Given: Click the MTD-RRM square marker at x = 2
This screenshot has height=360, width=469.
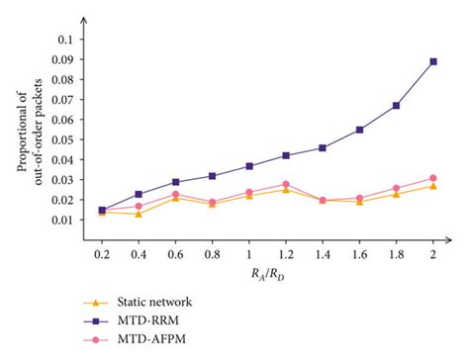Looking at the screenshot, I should pyautogui.click(x=432, y=61).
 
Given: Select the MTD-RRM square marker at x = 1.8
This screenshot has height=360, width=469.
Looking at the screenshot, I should pyautogui.click(x=396, y=105).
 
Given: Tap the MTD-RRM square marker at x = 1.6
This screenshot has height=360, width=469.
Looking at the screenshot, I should pyautogui.click(x=359, y=130).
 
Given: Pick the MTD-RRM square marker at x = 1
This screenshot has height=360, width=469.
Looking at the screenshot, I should pyautogui.click(x=249, y=166).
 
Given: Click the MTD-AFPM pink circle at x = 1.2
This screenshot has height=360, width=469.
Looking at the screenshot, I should pyautogui.click(x=286, y=184).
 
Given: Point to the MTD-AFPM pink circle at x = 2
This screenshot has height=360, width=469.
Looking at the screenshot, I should pyautogui.click(x=432, y=178).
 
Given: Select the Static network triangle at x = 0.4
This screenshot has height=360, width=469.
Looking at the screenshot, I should pyautogui.click(x=140, y=214).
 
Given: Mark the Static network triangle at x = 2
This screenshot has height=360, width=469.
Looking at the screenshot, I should pyautogui.click(x=432, y=186).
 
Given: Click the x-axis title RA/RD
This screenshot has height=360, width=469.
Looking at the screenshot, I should pyautogui.click(x=267, y=279).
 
